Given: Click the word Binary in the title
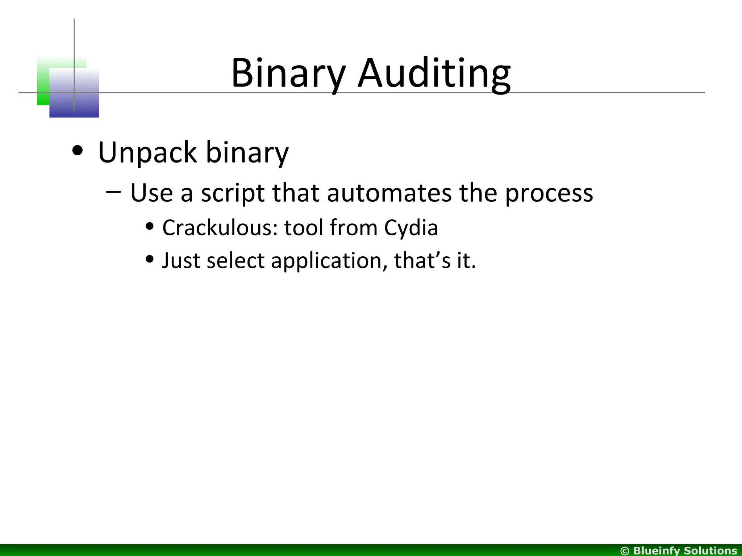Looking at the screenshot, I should pyautogui.click(x=288, y=73).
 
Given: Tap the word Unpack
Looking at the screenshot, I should pyautogui.click(x=147, y=152).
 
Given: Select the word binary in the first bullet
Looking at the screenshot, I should pyautogui.click(x=247, y=152).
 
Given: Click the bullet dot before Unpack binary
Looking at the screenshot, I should pyautogui.click(x=77, y=150).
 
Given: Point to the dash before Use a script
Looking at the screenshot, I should pyautogui.click(x=114, y=191).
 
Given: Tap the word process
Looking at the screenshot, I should pyautogui.click(x=549, y=193).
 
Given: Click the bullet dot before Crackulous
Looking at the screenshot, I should pyautogui.click(x=149, y=227).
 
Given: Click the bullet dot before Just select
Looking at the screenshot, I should pyautogui.click(x=149, y=259).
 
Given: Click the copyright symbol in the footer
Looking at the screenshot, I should pyautogui.click(x=625, y=551).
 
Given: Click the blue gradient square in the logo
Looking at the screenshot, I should pyautogui.click(x=74, y=93).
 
